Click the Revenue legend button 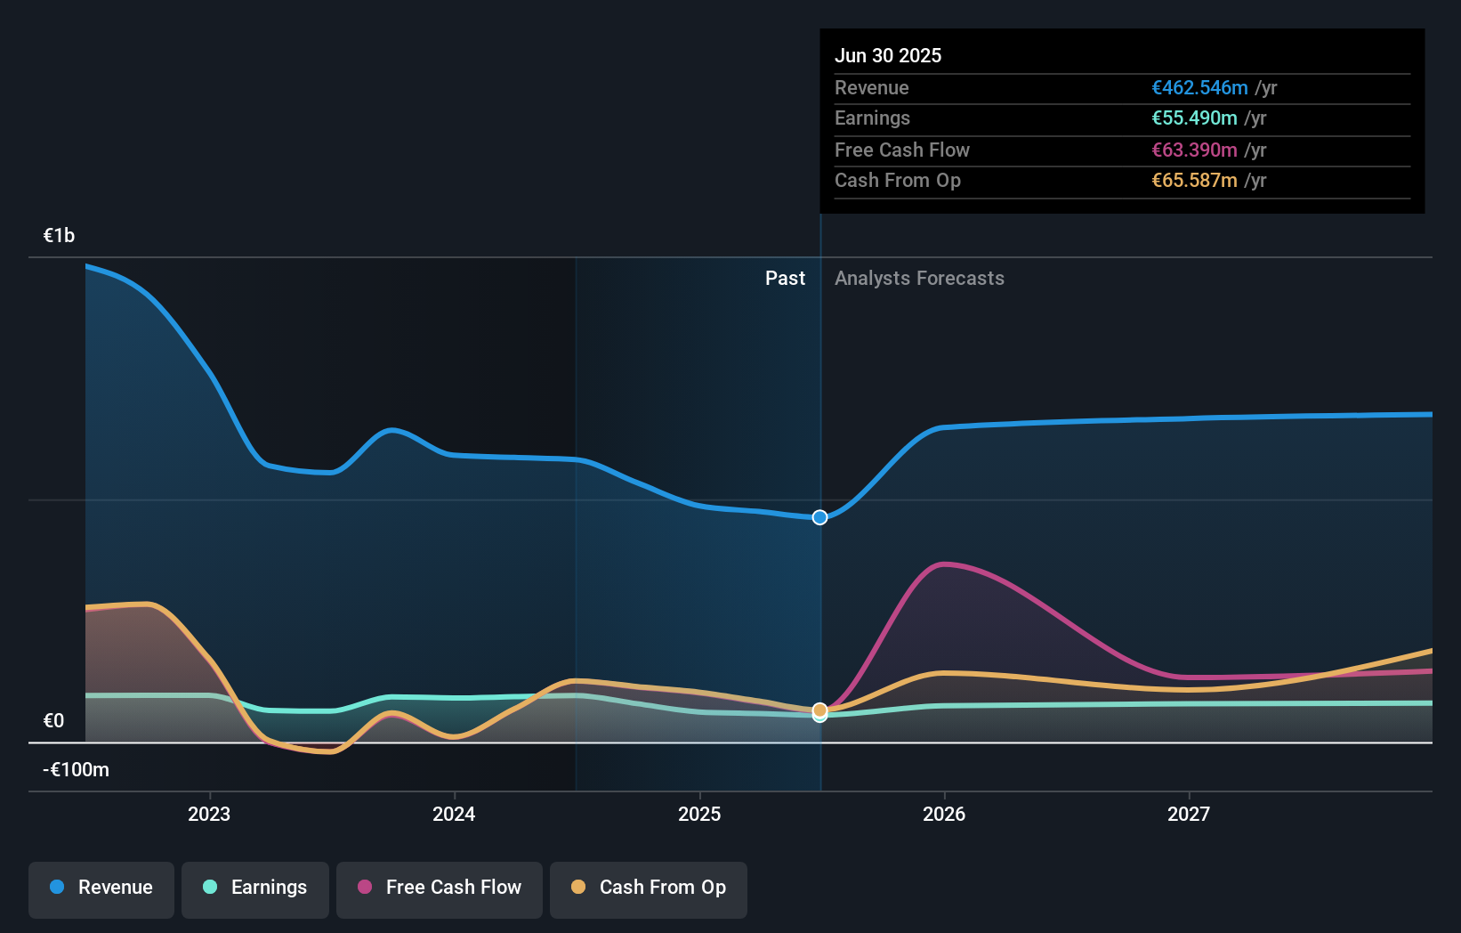(101, 888)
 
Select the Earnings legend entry (255, 888)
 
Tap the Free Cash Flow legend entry (440, 888)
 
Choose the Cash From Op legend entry (649, 888)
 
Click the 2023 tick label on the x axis (209, 814)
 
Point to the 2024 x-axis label (454, 814)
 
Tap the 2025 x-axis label (699, 814)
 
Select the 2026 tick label (944, 814)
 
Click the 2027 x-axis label (1189, 814)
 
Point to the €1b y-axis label (60, 236)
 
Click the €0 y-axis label (54, 721)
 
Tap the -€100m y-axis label (77, 770)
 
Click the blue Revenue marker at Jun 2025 (820, 517)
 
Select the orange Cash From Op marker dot (820, 710)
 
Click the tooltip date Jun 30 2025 (888, 56)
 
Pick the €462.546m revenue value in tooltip (1199, 88)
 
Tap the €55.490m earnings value (1194, 118)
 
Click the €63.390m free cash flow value (1194, 150)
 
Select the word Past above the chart (785, 279)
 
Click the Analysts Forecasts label (919, 279)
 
